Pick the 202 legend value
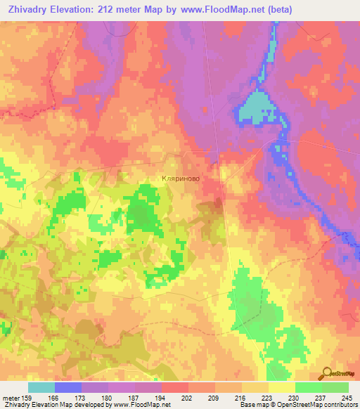click(x=166, y=397)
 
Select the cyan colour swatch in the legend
click(x=41, y=387)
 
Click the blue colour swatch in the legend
click(x=68, y=387)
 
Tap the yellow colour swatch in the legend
click(x=281, y=387)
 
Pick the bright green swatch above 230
click(x=308, y=387)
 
